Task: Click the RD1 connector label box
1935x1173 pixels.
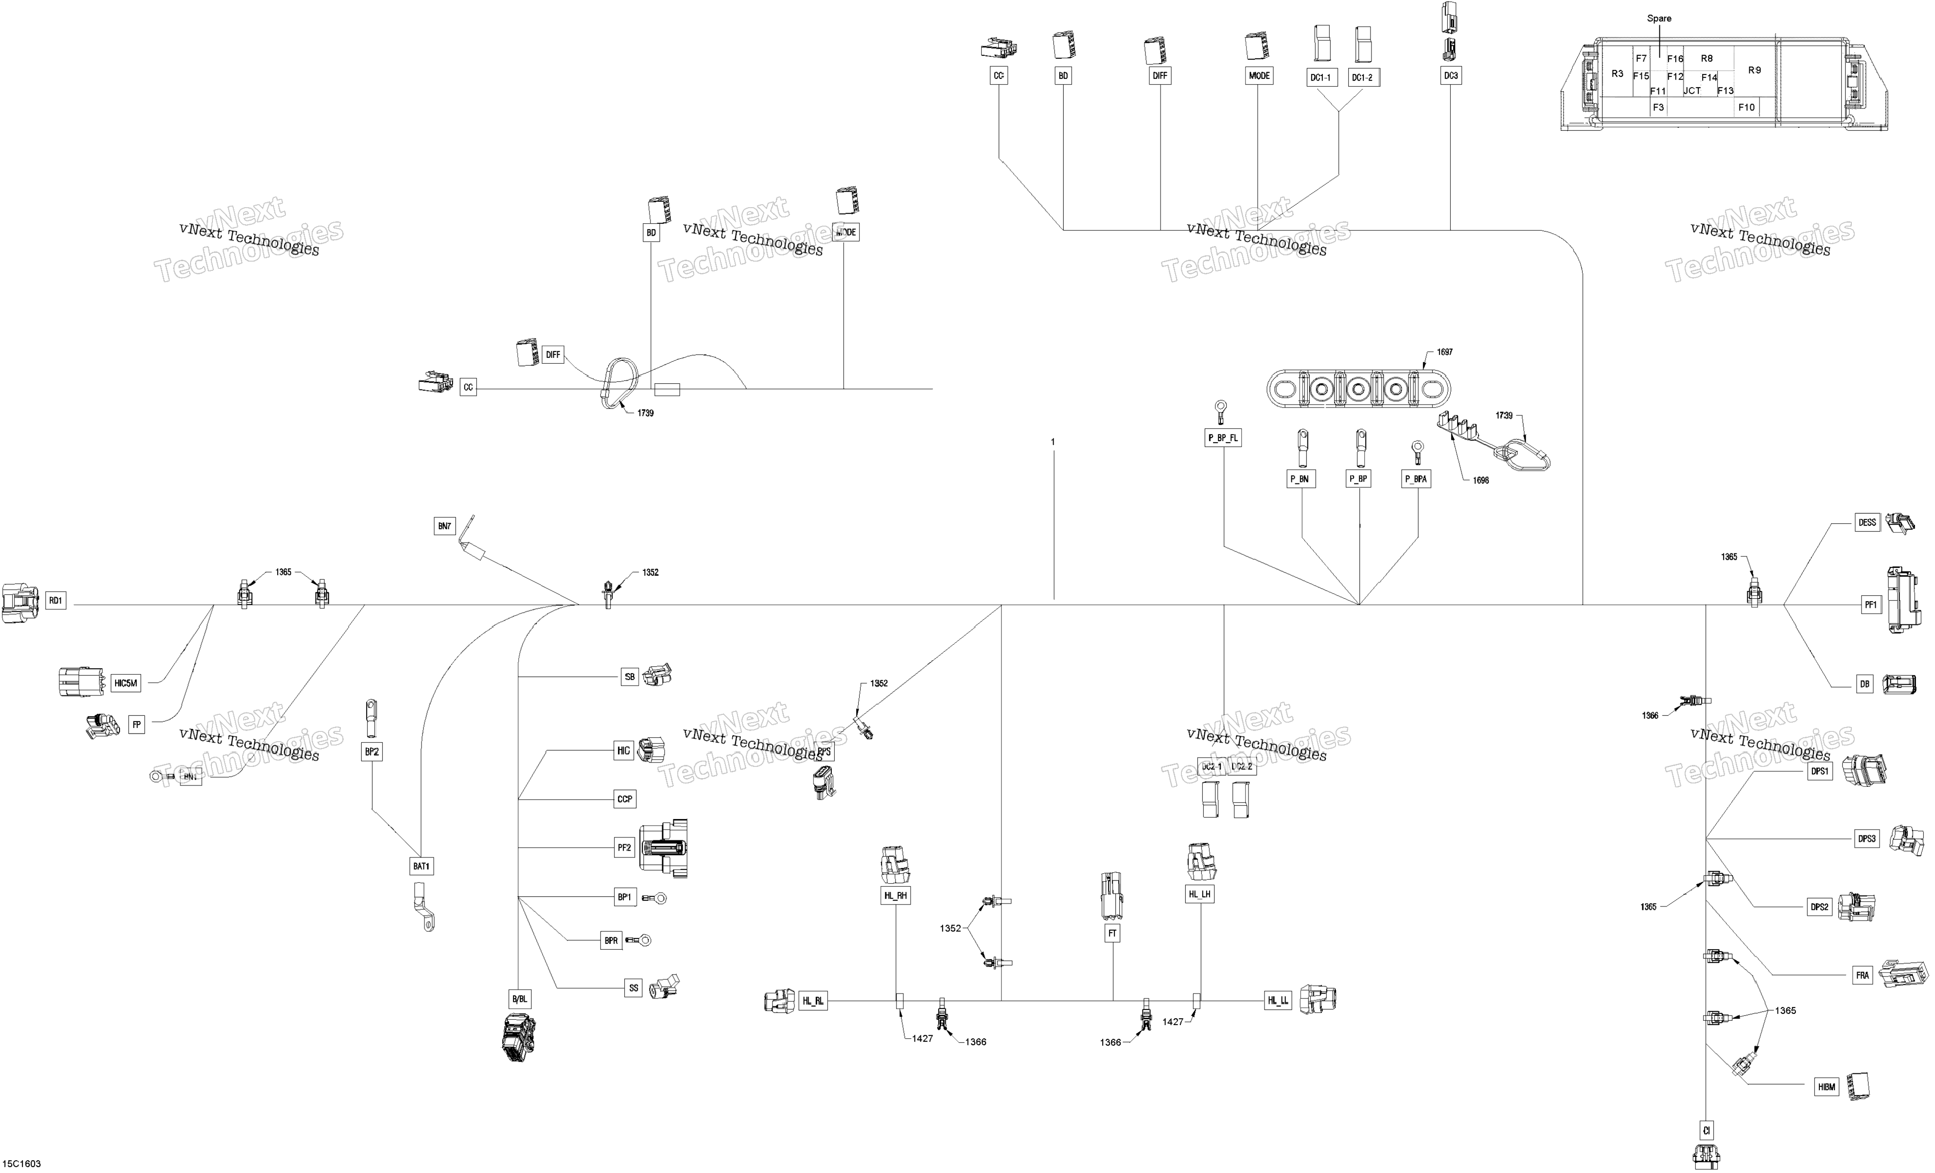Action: tap(56, 601)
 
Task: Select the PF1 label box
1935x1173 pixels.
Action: tap(1871, 605)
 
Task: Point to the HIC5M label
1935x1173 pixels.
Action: tap(125, 684)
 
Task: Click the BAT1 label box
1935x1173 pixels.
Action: tap(422, 867)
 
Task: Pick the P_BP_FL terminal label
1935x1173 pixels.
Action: tap(1223, 438)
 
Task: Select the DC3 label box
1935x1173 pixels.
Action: tap(1450, 76)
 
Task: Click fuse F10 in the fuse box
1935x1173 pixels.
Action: tap(1746, 107)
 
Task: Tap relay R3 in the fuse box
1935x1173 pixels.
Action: tap(1617, 74)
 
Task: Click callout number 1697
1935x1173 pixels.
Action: tap(1445, 352)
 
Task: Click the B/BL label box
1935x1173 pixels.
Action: tap(520, 999)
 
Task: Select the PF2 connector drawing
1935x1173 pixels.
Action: tap(664, 848)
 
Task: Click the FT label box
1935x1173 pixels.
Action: tap(1112, 933)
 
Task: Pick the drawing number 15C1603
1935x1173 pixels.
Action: tap(22, 1164)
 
